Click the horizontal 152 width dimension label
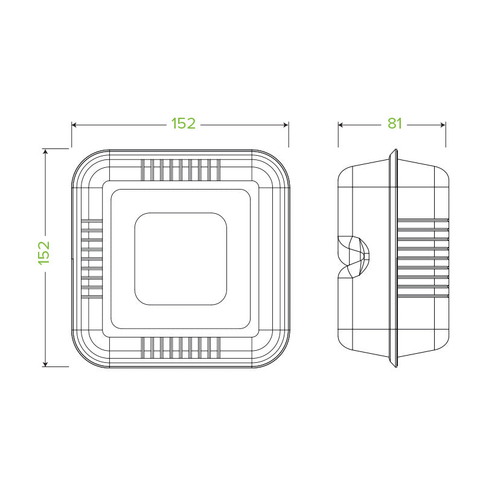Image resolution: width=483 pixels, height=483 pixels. click(183, 124)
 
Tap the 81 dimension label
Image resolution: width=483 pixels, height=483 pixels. click(394, 124)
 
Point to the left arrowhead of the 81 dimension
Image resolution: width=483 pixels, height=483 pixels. click(341, 125)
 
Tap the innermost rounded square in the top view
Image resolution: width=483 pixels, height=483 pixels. click(181, 258)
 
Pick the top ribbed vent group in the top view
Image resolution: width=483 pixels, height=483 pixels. click(180, 169)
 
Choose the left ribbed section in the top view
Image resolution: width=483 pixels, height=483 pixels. click(91, 258)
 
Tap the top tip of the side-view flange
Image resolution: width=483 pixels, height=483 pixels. click(394, 151)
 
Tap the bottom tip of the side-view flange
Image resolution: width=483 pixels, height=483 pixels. click(394, 364)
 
